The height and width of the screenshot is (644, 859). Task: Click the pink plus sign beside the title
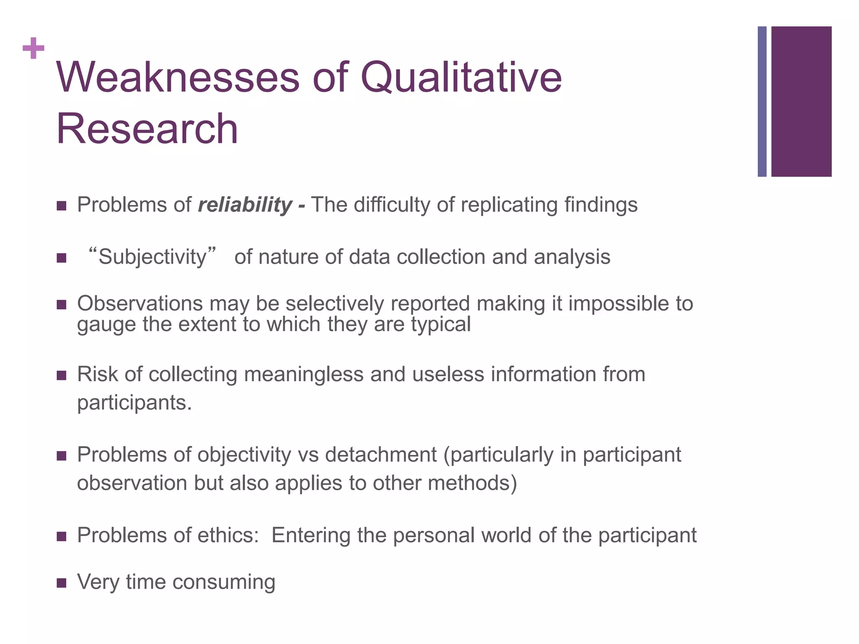(34, 48)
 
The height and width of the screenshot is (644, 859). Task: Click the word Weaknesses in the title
(178, 78)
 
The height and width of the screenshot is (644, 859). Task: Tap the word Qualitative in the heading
(461, 78)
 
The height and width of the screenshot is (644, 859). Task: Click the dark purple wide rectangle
(801, 101)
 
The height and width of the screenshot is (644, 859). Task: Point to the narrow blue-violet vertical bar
(762, 101)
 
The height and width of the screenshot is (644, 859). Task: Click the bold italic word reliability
(245, 205)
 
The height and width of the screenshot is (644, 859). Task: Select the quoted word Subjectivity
(153, 257)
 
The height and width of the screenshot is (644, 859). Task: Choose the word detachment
(381, 454)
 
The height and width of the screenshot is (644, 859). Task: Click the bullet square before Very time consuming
(62, 583)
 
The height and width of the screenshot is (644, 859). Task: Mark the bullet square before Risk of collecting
(62, 375)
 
